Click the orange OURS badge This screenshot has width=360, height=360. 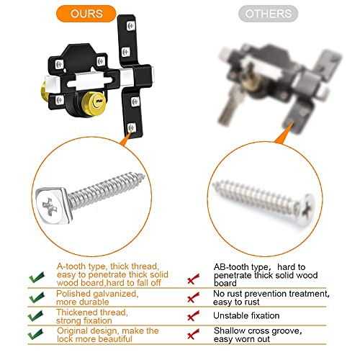[x=86, y=14]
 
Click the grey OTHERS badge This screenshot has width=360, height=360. [x=268, y=14]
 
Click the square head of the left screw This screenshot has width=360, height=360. [x=52, y=206]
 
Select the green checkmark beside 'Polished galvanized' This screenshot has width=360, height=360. [x=37, y=297]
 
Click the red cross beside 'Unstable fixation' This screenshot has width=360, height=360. [x=193, y=316]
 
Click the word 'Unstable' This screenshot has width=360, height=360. [x=228, y=315]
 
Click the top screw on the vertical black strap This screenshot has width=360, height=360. [x=131, y=26]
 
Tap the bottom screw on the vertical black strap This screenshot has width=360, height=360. [x=131, y=127]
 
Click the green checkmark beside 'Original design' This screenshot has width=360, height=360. [x=36, y=334]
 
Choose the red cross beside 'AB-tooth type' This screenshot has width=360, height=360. [x=193, y=279]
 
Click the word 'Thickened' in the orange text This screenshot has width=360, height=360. [x=75, y=312]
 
